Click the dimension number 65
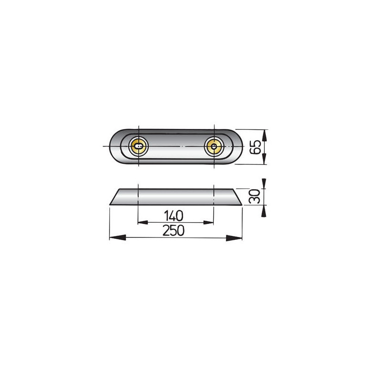[255, 147]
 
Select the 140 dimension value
[174, 215]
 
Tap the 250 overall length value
[174, 230]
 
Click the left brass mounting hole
[138, 146]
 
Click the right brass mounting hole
[213, 147]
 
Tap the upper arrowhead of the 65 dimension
[264, 135]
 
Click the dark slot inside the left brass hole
[137, 147]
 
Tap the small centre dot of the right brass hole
[213, 147]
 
